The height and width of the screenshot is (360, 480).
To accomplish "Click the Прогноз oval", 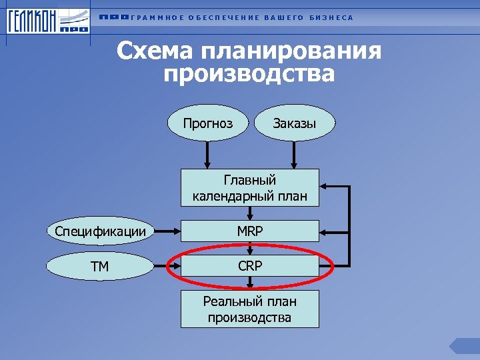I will coord(208,123).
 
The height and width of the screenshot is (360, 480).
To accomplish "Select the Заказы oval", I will coord(294,123).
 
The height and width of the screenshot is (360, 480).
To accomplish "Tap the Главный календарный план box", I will coord(249,188).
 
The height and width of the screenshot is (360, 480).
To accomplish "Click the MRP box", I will coord(249,231).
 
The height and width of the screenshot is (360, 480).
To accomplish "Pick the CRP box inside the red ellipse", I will coord(249,266).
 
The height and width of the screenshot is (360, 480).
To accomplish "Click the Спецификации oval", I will coord(100,231).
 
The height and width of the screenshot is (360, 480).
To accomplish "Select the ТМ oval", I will coord(100,266).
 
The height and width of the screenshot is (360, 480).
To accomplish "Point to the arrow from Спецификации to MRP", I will coord(167,231).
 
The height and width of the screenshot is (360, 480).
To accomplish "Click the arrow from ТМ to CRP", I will coord(167,266).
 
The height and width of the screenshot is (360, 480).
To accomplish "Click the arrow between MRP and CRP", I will coord(249,248).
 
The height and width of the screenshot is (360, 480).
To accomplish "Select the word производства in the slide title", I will coord(249,73).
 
